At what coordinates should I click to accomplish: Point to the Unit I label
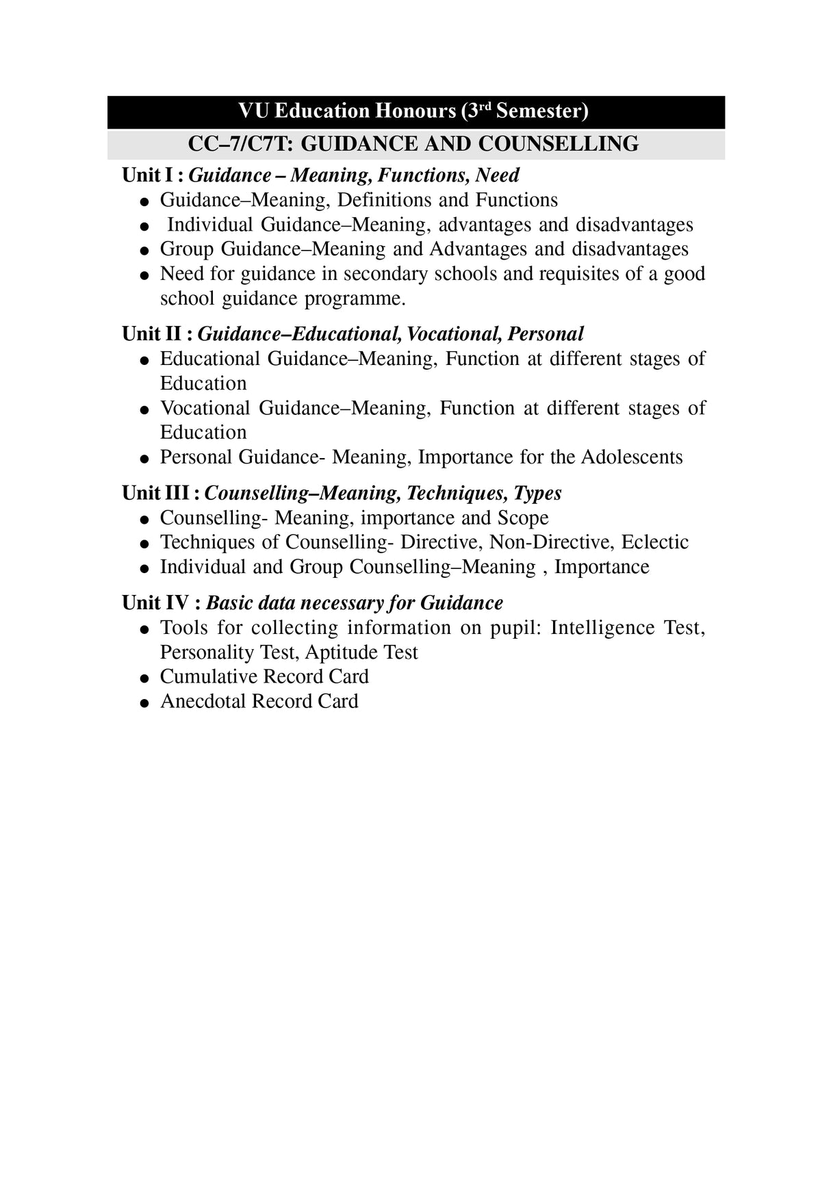coord(147,175)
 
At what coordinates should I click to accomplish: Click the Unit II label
coord(153,334)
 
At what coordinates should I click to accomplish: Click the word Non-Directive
coord(552,542)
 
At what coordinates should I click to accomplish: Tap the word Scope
coord(523,518)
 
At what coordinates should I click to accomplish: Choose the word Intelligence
coord(602,628)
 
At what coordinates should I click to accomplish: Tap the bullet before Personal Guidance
coord(144,459)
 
